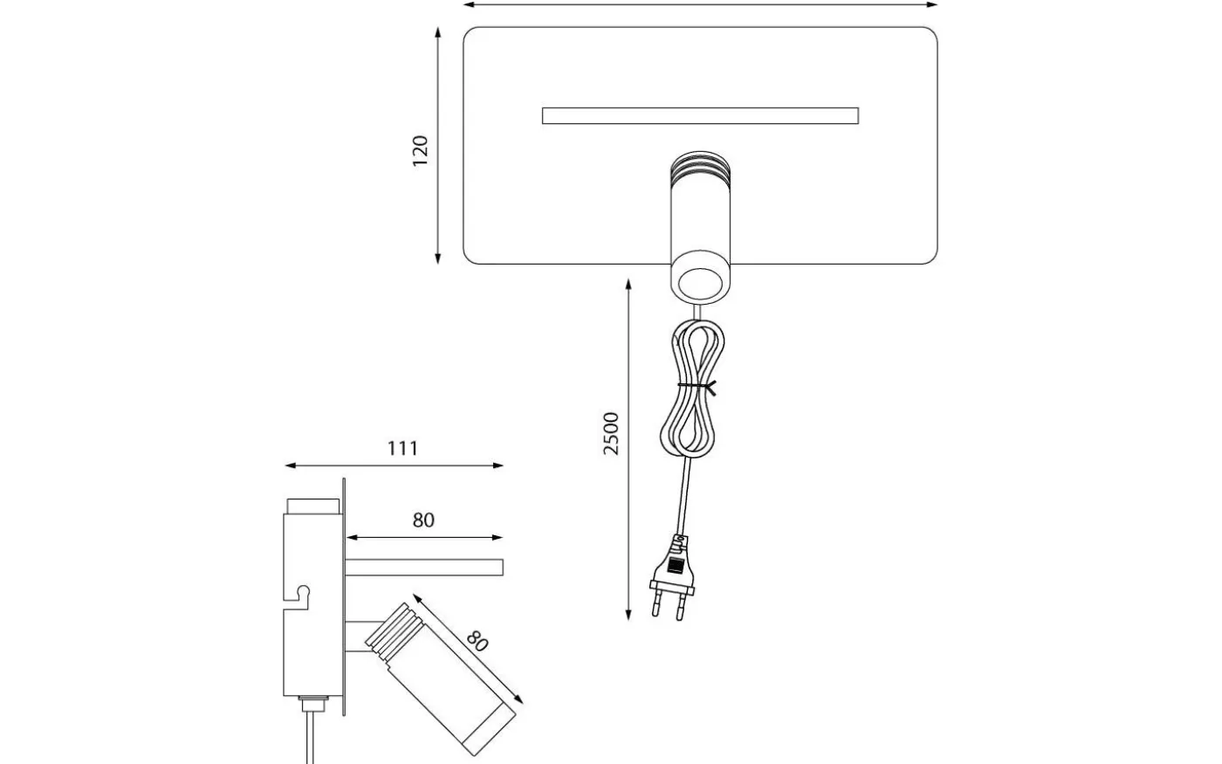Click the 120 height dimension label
[421, 151]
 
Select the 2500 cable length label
[611, 433]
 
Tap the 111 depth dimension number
[402, 448]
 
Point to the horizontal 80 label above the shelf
[423, 520]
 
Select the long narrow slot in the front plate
[700, 115]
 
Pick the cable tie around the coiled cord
[698, 385]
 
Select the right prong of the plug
[682, 606]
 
